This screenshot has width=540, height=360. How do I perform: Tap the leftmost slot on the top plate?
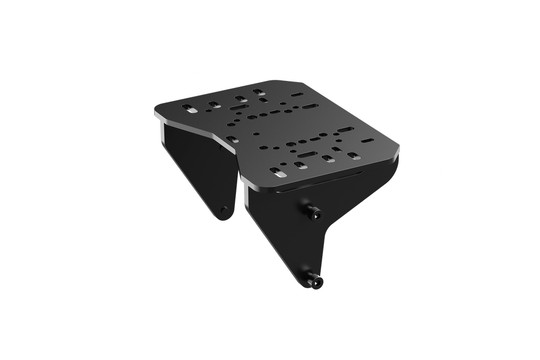191,108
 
